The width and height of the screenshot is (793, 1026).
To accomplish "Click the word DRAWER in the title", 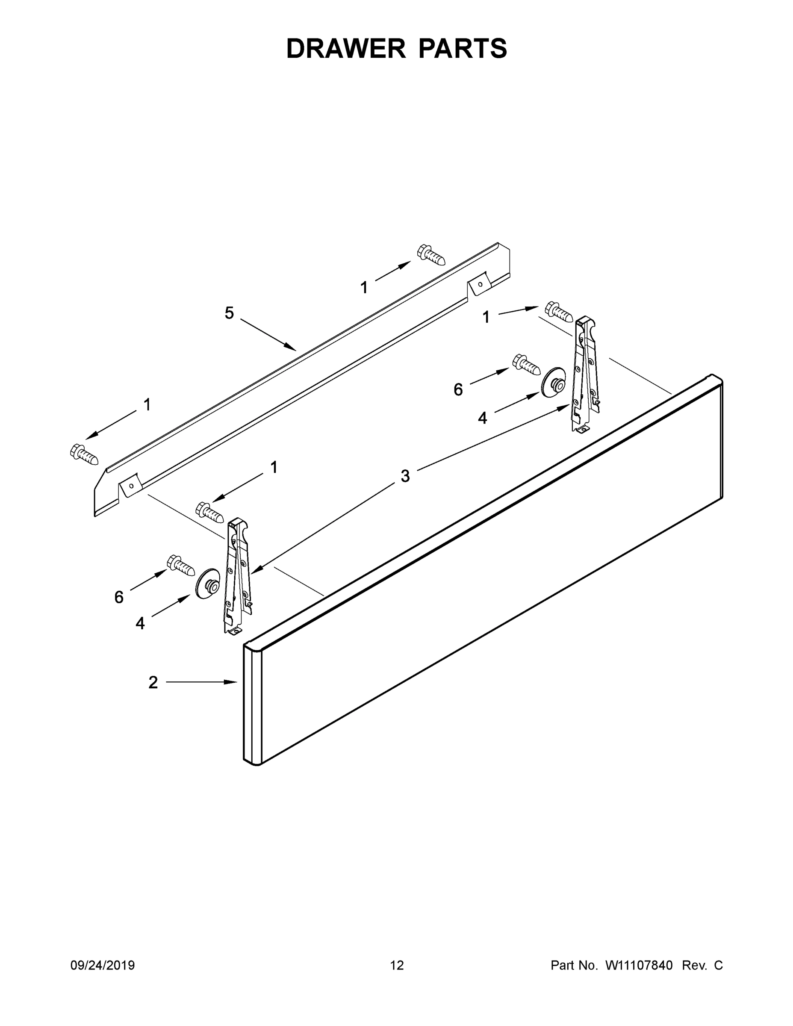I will point(346,48).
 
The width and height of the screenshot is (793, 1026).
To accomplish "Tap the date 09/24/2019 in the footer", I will point(103,965).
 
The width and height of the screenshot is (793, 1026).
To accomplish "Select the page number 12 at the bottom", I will point(397,965).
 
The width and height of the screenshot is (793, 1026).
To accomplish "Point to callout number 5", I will point(229,313).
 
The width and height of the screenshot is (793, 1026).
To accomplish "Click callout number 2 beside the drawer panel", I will point(153,682).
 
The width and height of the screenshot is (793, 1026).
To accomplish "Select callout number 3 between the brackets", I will point(405,476).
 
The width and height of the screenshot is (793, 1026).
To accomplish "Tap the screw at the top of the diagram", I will point(431,254).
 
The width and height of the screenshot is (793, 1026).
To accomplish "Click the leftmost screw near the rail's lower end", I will point(84,454).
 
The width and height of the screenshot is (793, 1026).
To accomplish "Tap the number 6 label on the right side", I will point(458,389).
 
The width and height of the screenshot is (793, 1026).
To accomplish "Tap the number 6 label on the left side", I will point(119,597).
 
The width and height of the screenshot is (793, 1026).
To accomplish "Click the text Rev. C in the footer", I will point(702,965).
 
